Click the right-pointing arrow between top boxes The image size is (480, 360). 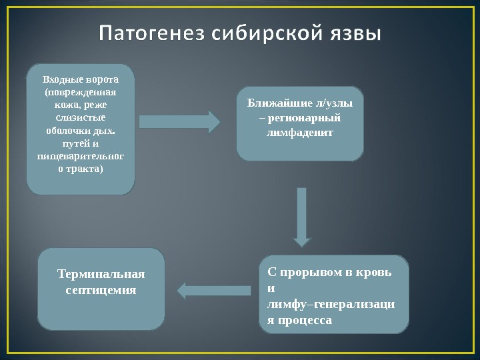(x=179, y=122)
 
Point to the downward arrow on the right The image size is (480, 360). (x=302, y=217)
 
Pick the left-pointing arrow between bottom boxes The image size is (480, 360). (x=213, y=290)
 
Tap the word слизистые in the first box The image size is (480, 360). (x=81, y=118)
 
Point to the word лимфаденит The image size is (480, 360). (x=300, y=132)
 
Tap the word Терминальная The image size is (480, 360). (x=101, y=275)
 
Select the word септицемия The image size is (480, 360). (x=101, y=290)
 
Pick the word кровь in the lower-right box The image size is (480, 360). (x=377, y=272)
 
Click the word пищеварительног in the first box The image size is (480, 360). (x=81, y=156)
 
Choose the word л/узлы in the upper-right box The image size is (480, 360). (x=334, y=104)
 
